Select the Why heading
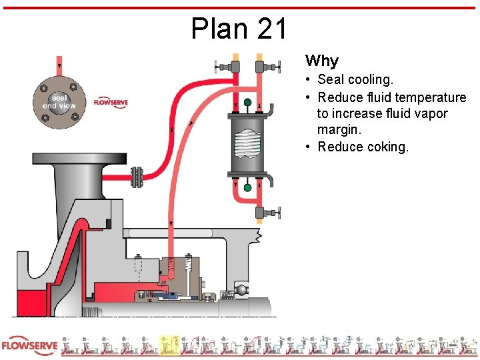click(x=322, y=61)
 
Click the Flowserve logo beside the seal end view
click(x=111, y=103)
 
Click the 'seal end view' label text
click(x=59, y=101)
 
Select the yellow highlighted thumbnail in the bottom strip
click(x=169, y=345)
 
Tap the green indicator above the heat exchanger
click(x=248, y=103)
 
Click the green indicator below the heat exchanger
click(x=248, y=188)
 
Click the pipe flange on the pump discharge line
click(x=137, y=177)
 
